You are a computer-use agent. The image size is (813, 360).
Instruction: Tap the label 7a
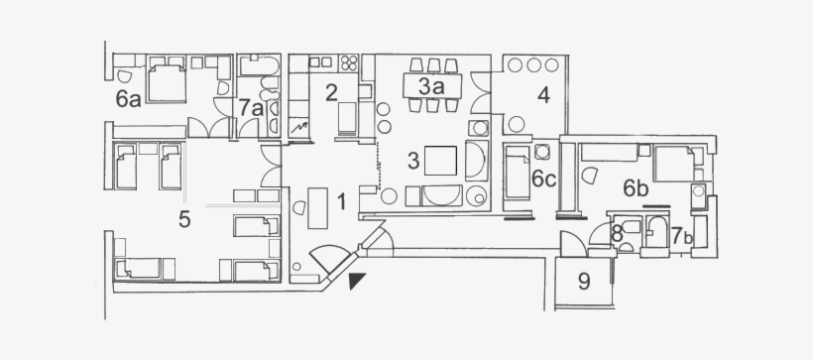pos(250,107)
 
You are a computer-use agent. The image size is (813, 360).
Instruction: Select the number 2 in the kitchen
pos(332,93)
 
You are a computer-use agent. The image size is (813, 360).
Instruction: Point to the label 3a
pos(428,86)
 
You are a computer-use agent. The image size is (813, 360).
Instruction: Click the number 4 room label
pos(542,96)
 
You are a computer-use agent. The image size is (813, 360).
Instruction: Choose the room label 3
pos(413,158)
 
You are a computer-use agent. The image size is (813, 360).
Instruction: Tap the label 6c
pos(543,180)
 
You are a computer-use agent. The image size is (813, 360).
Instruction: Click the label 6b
pos(636,187)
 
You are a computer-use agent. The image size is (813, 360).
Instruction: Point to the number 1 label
pos(341,202)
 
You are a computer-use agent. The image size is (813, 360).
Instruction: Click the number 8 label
pos(617,236)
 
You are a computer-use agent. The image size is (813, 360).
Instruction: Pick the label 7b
pos(679,236)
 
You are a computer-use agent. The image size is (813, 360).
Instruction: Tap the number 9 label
pos(584,282)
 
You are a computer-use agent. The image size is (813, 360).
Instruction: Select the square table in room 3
pos(442,160)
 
